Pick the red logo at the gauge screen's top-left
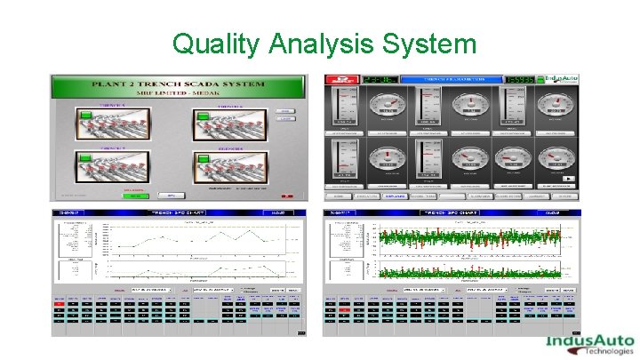click(x=343, y=81)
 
